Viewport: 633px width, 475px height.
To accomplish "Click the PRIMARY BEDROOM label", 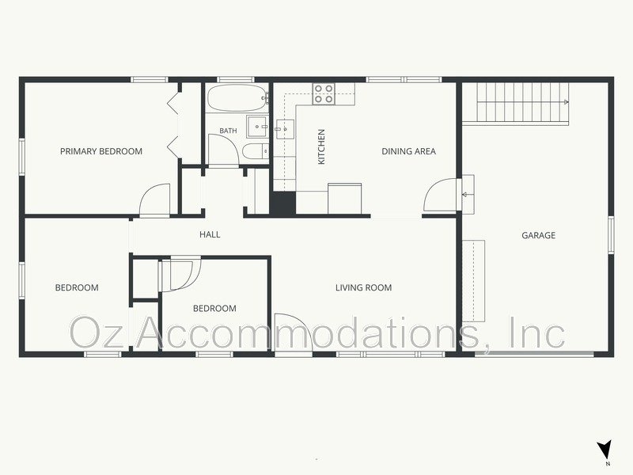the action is pos(101,151).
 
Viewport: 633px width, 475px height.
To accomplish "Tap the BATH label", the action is pos(228,131).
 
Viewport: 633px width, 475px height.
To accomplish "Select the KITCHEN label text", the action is pos(321,146).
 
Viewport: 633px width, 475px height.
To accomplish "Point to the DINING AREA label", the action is pos(408,151).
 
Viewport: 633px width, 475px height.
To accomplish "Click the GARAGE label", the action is pos(539,235).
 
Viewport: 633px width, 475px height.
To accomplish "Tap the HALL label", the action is pos(210,234).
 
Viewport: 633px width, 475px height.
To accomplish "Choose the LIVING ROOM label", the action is pos(364,287).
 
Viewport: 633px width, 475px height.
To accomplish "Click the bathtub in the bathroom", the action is pos(237,97).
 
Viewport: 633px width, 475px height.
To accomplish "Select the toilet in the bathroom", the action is pos(256,151).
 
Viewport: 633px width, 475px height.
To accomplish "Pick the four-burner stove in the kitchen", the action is pos(324,93).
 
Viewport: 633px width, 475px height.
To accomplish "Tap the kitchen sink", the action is pos(284,128).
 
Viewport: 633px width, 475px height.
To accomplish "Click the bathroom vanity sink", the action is pos(257,127).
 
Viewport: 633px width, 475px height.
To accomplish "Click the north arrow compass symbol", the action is pos(605,449).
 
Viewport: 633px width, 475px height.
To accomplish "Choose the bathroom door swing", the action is pos(224,150).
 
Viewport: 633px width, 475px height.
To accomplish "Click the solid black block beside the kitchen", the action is pos(282,203).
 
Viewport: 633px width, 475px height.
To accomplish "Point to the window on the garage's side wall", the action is pos(611,235).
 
